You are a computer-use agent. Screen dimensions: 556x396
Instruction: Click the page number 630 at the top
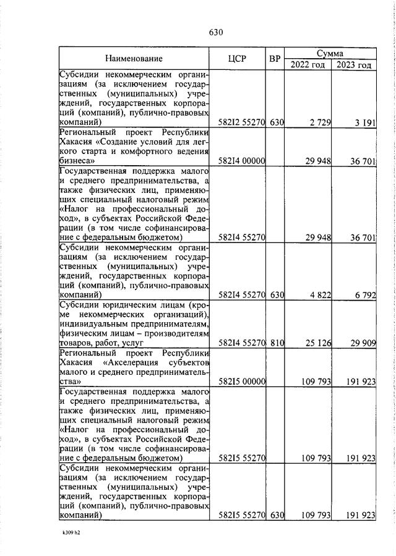pos(215,32)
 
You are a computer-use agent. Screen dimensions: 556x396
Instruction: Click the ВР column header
pos(275,59)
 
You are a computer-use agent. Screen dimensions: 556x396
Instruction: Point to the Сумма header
pos(330,53)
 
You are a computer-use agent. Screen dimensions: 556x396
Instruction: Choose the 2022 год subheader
pos(308,65)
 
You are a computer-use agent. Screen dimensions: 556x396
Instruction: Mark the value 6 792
pos(365,296)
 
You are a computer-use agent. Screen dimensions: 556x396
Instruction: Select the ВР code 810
pos(276,342)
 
